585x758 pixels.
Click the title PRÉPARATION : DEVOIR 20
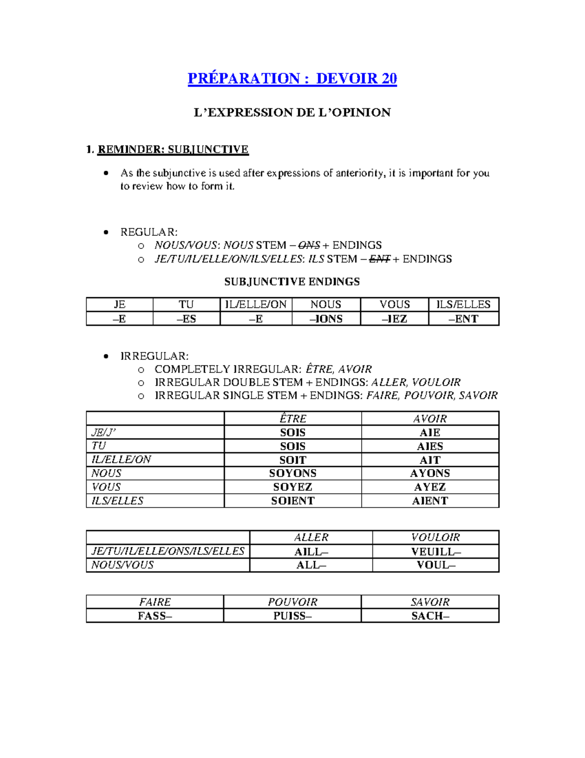[292, 79]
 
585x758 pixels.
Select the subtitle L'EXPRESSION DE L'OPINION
[292, 113]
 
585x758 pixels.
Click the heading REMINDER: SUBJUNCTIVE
[173, 149]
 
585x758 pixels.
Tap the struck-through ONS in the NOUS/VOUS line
[309, 246]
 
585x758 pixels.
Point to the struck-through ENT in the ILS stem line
[380, 259]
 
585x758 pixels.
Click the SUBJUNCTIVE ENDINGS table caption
[292, 282]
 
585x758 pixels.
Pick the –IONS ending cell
[326, 319]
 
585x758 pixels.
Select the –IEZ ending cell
[394, 319]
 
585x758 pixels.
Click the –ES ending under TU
[186, 319]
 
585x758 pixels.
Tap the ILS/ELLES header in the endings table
[463, 305]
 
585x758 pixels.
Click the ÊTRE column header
[292, 419]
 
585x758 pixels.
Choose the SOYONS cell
[292, 473]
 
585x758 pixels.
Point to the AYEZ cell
[429, 487]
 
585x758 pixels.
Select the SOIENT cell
[292, 501]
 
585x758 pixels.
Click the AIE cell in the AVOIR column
[429, 432]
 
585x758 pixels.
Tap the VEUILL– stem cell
[435, 552]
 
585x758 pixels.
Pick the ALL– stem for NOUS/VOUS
[311, 565]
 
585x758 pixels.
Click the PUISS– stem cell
[292, 616]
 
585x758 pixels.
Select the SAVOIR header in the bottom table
[429, 602]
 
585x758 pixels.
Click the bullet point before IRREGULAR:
[106, 356]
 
